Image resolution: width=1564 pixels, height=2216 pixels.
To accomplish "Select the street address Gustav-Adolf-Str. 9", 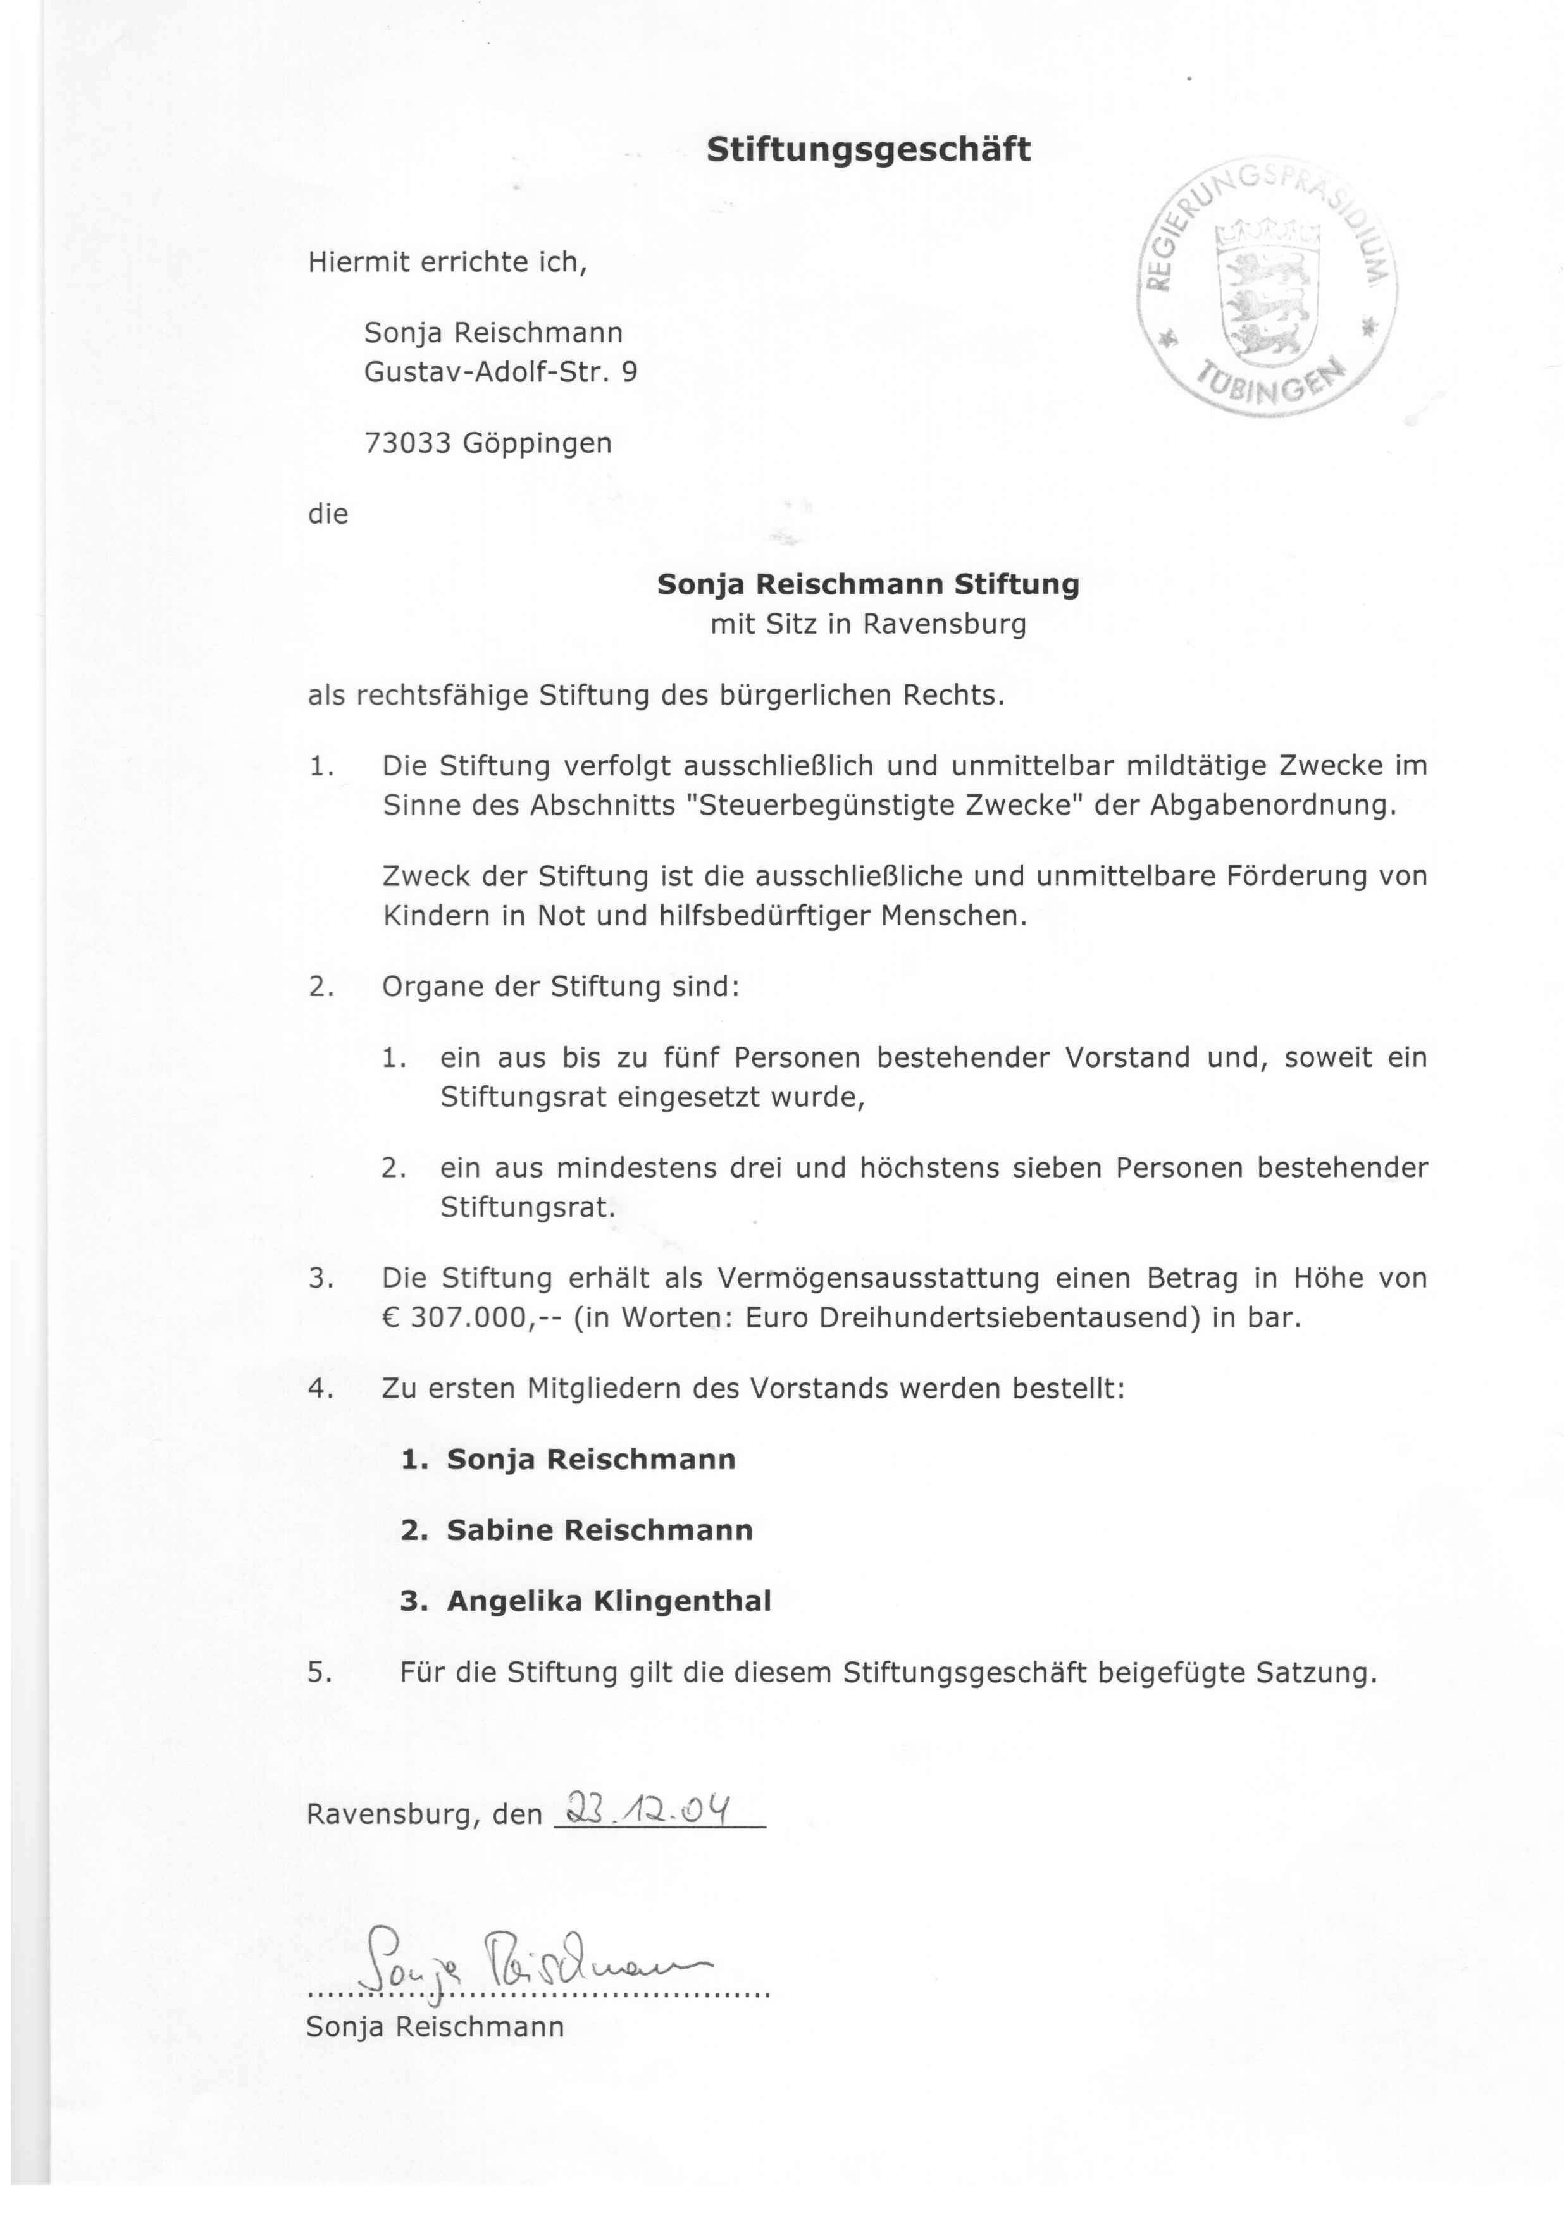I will [x=500, y=372].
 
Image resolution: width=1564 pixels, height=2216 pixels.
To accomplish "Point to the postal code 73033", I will [x=406, y=443].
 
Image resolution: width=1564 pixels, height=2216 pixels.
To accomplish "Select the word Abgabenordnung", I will [x=1272, y=805].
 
